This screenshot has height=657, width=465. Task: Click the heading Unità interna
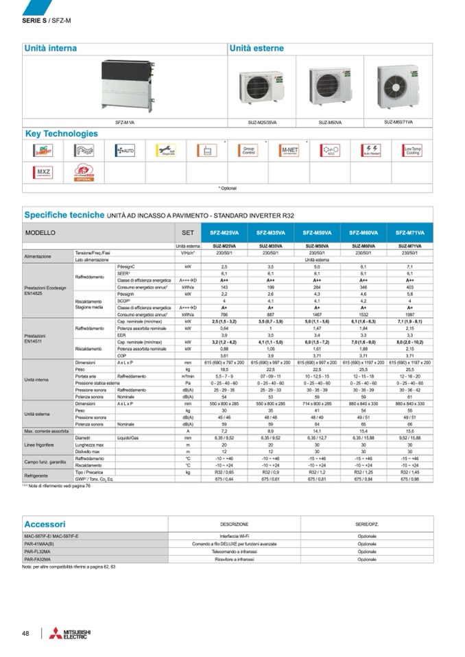[51, 49]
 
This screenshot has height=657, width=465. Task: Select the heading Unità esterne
[256, 49]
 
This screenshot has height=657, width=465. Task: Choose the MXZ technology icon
[43, 171]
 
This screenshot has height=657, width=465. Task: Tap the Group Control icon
[248, 149]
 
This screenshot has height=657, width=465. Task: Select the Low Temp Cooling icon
[412, 149]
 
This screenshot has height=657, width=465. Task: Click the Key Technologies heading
[61, 134]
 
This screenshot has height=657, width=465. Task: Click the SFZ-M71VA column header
[409, 232]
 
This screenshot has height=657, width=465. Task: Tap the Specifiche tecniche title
[64, 214]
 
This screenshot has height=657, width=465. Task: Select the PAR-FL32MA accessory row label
[38, 551]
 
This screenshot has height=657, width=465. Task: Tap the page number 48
[25, 633]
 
